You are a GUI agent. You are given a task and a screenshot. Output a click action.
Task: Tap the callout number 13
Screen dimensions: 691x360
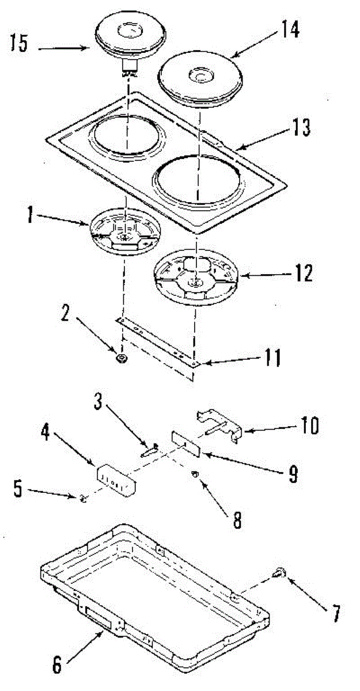point(301,128)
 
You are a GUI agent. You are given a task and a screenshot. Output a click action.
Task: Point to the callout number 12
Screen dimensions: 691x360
point(302,272)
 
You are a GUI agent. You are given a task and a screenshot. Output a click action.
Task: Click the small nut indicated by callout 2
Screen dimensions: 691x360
point(122,359)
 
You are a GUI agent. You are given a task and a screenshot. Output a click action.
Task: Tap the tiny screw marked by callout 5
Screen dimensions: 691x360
point(84,498)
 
